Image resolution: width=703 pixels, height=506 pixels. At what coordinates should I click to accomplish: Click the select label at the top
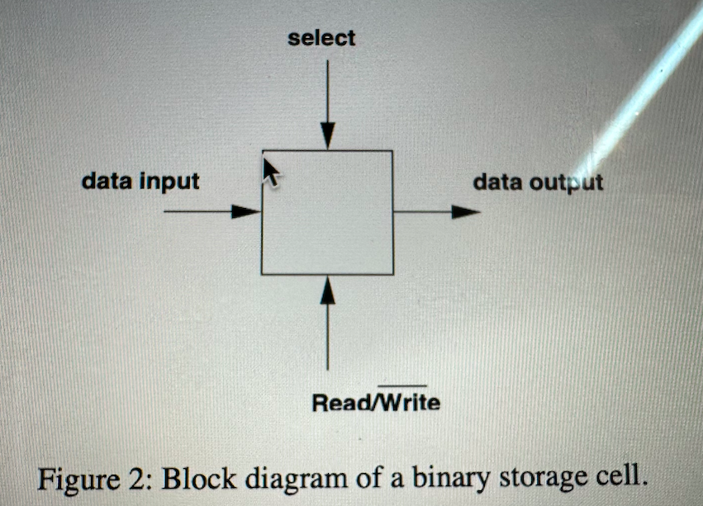(x=322, y=38)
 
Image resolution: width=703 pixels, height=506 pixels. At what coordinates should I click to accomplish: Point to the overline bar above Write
(x=402, y=385)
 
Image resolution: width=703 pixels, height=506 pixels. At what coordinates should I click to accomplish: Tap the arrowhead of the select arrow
(x=327, y=136)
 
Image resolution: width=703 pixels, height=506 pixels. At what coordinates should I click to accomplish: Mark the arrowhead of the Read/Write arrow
(x=327, y=290)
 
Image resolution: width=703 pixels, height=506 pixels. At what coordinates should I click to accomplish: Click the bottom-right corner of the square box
(x=392, y=273)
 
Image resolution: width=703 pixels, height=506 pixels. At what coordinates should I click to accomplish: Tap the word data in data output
(x=497, y=182)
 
